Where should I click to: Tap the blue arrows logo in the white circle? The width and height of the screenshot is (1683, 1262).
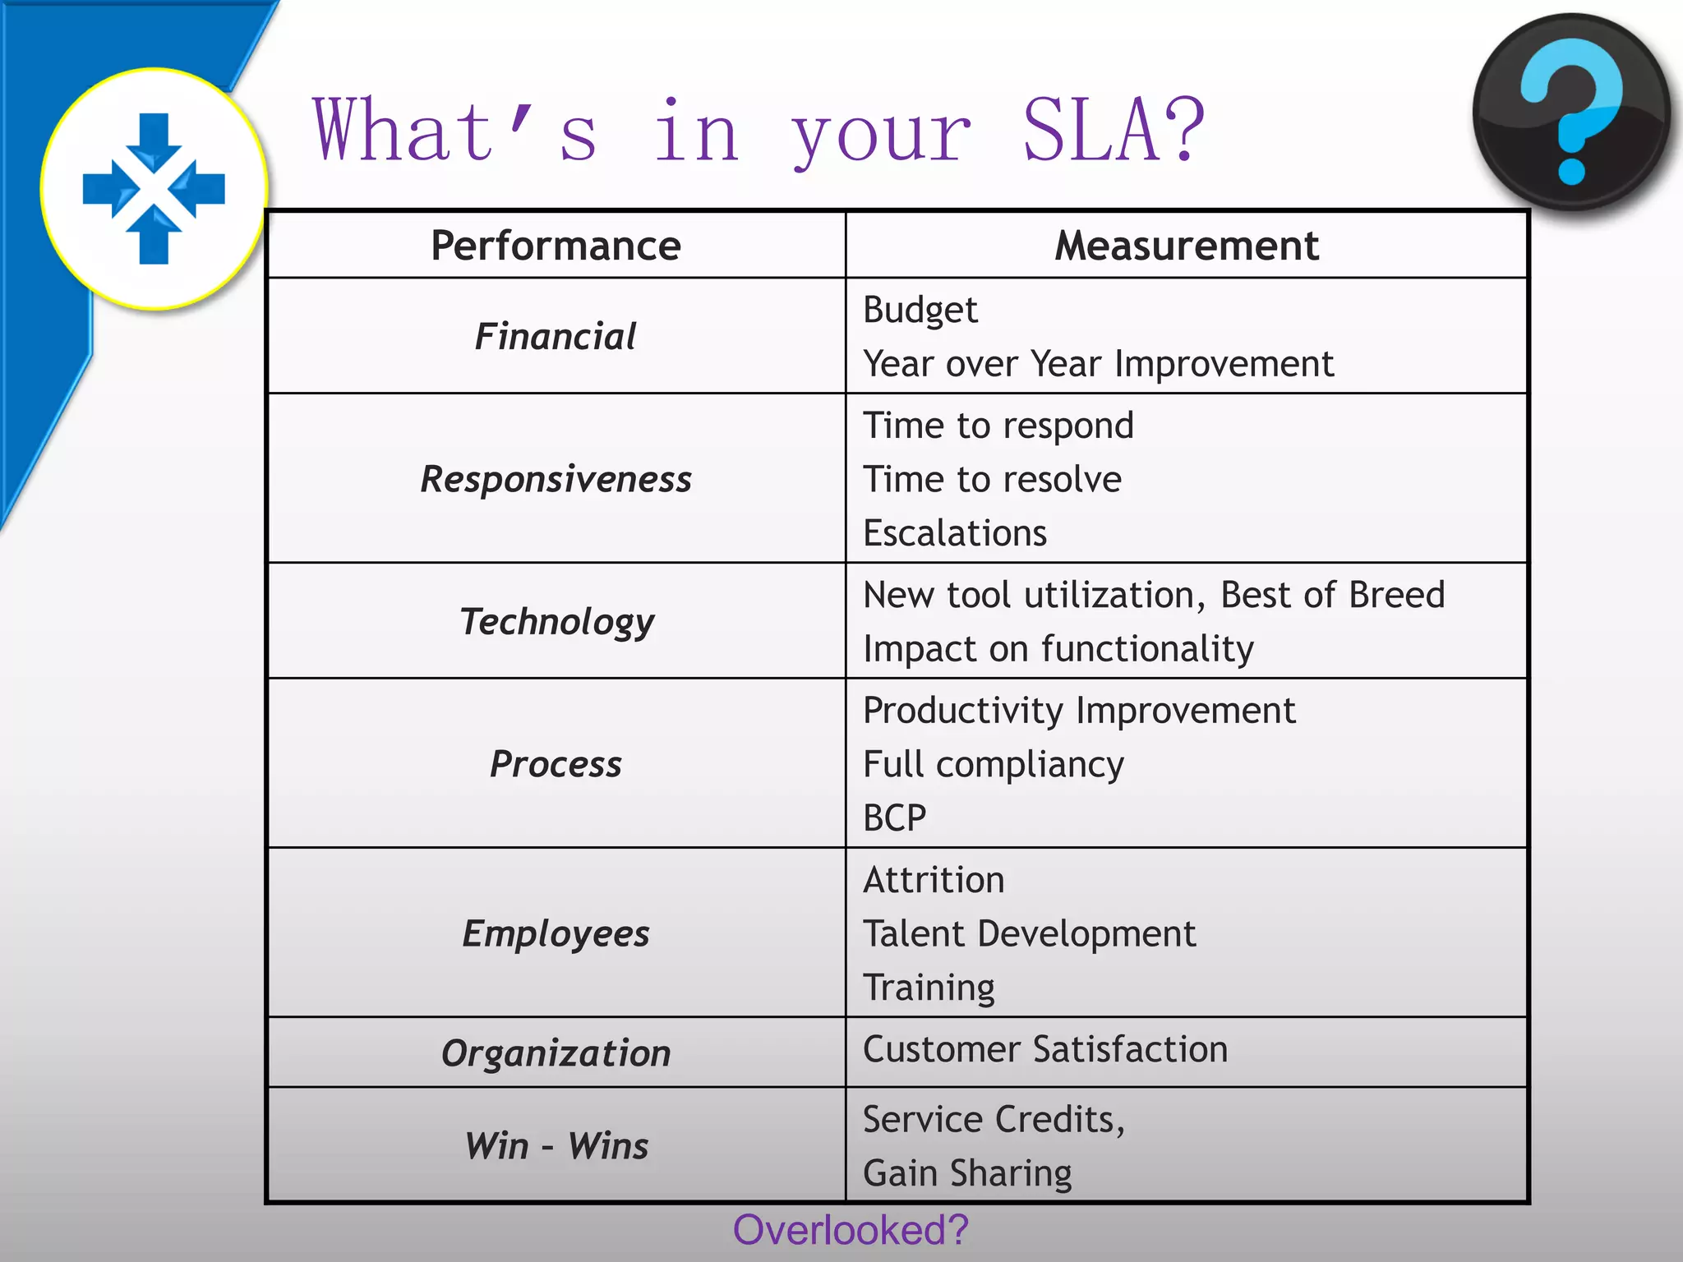154,188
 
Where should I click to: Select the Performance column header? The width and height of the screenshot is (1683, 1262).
556,246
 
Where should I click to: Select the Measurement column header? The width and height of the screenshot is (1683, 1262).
1187,246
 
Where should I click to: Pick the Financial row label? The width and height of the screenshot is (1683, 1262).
556,337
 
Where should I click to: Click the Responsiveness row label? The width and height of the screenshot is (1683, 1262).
556,479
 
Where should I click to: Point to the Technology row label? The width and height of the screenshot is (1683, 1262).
556,621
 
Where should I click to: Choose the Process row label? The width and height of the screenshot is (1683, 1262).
556,764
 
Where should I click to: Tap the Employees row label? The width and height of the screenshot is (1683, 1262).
556,933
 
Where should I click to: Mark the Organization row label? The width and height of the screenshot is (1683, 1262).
556,1053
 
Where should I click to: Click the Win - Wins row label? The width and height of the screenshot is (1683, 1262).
556,1146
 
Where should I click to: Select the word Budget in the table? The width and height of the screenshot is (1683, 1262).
920,311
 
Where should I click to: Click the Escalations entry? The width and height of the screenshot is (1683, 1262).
955,533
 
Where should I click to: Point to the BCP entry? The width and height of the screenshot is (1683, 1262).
895,818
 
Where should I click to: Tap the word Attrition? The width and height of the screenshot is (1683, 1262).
934,880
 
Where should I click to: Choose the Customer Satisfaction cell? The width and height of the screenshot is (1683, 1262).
1045,1049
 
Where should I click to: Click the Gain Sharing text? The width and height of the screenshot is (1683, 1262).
967,1173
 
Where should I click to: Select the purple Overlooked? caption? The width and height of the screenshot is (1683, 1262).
851,1231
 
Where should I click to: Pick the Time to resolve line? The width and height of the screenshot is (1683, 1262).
992,479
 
